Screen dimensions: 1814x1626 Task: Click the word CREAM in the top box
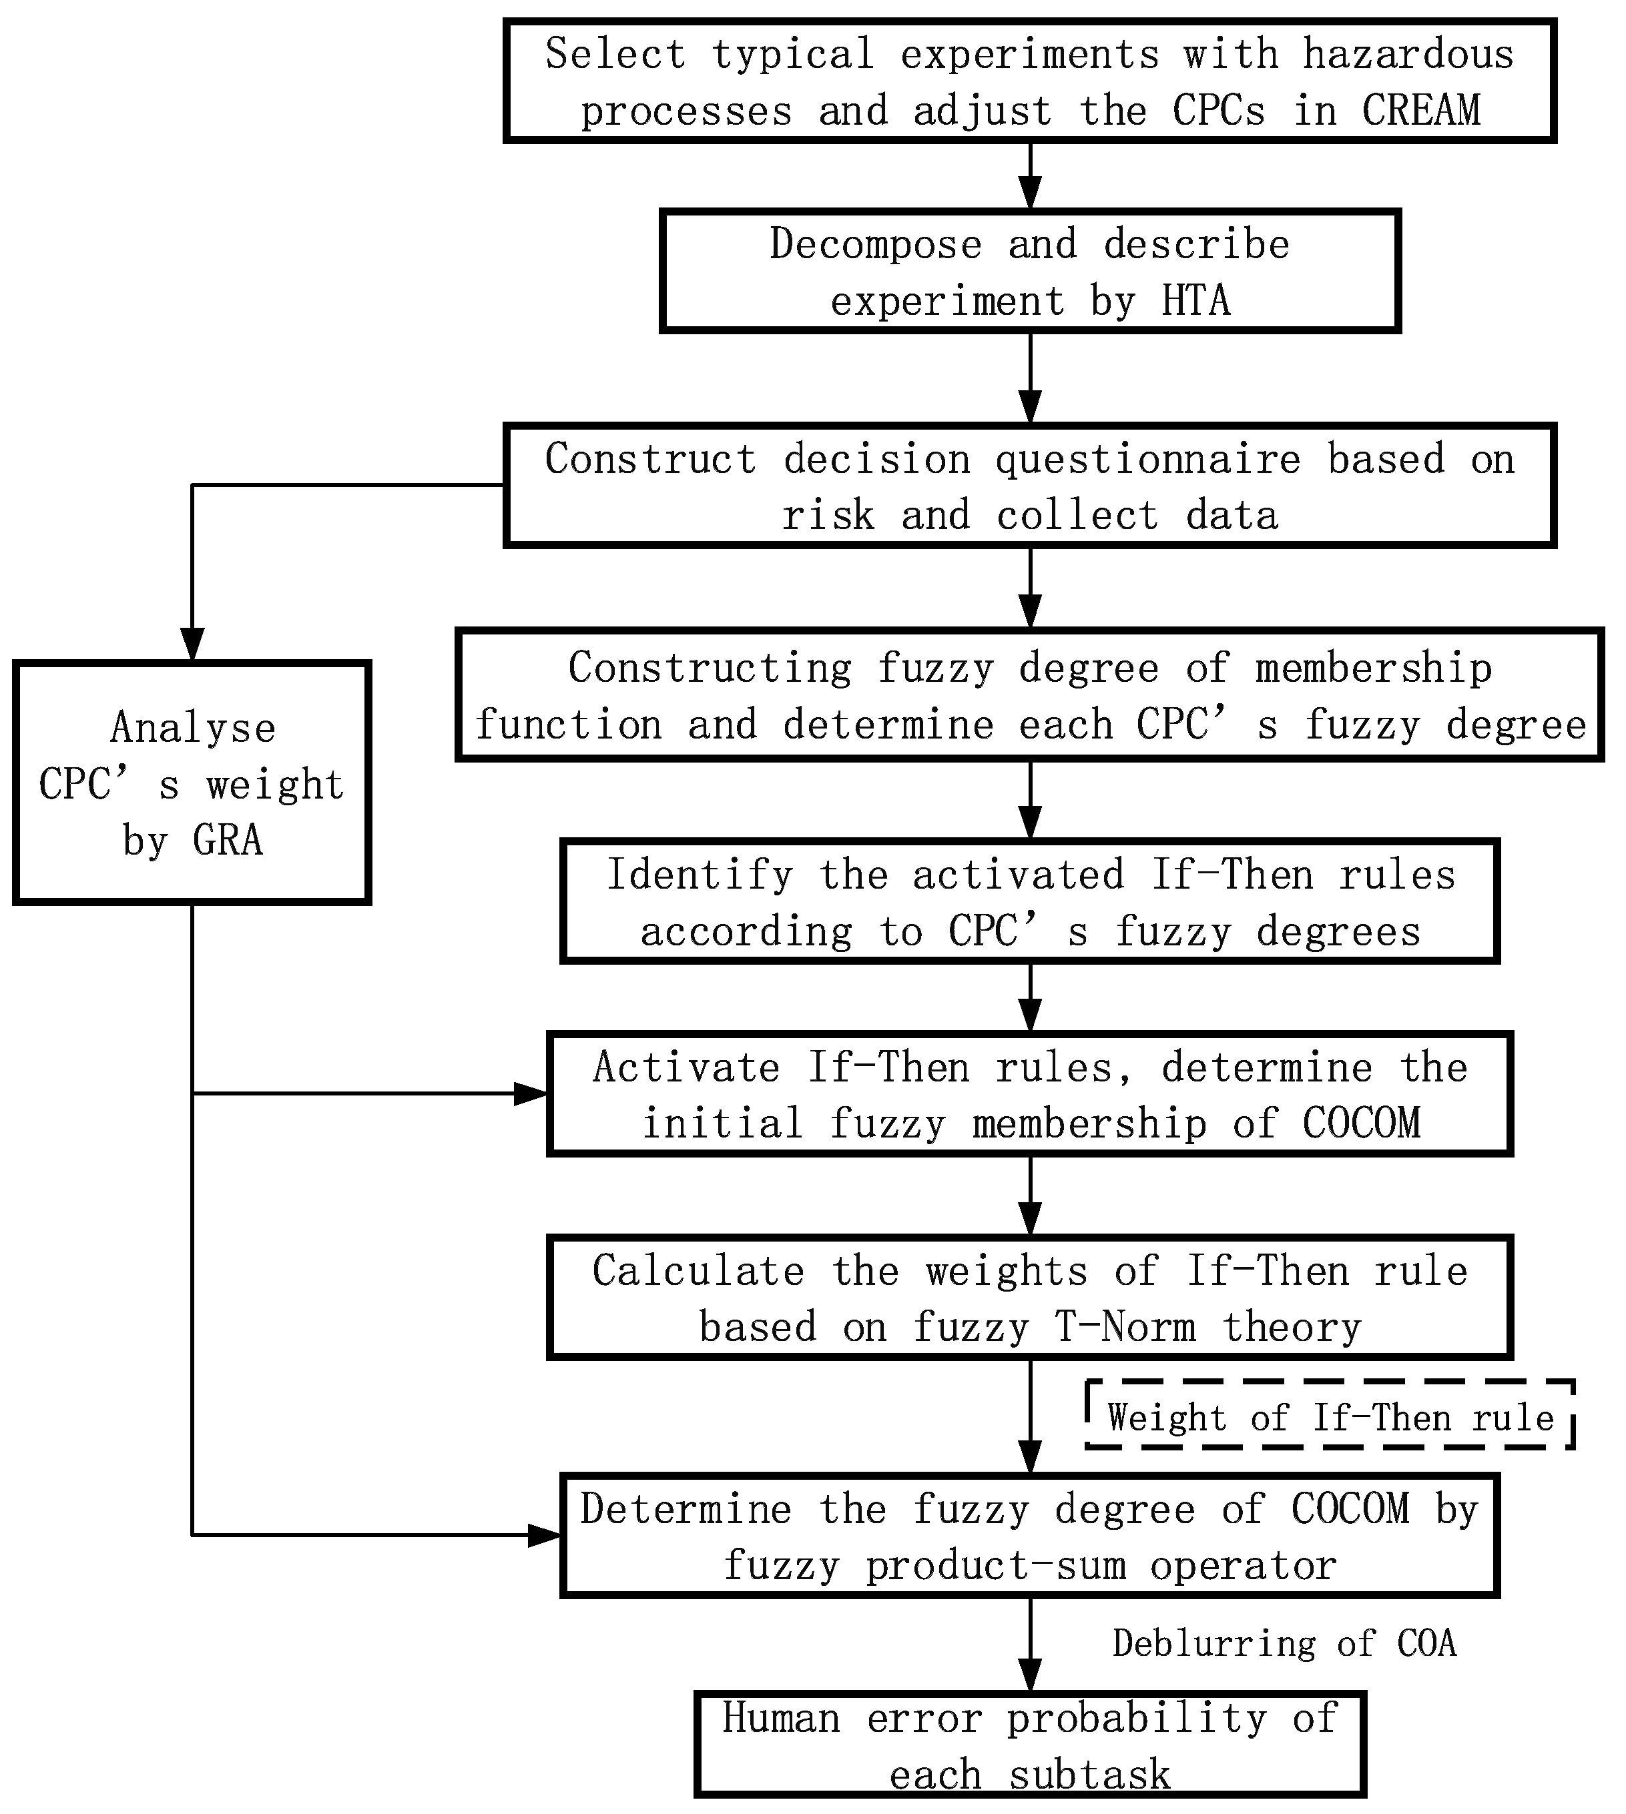tap(1420, 111)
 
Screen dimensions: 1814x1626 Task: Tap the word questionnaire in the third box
tap(1147, 459)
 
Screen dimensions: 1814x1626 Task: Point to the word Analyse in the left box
tap(193, 728)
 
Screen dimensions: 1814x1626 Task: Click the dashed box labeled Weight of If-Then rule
tap(1330, 1418)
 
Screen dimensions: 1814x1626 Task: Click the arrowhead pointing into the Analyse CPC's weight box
tap(193, 645)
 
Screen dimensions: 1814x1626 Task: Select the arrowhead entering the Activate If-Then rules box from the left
tap(531, 1093)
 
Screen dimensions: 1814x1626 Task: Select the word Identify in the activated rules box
tap(700, 875)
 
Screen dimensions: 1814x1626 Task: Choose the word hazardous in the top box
tap(1408, 55)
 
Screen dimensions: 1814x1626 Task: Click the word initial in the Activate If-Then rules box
tap(723, 1123)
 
